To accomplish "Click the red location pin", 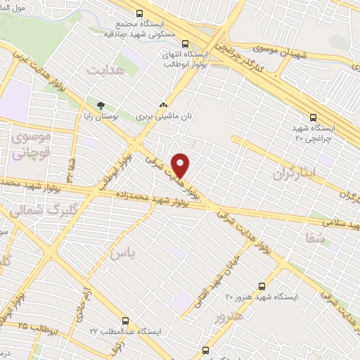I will [x=181, y=165].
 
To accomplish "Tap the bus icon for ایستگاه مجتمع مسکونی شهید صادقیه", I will [x=139, y=13].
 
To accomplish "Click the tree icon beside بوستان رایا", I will [x=101, y=105].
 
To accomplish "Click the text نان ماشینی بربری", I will [x=164, y=115].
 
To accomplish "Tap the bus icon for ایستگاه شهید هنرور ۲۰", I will [x=262, y=286].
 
